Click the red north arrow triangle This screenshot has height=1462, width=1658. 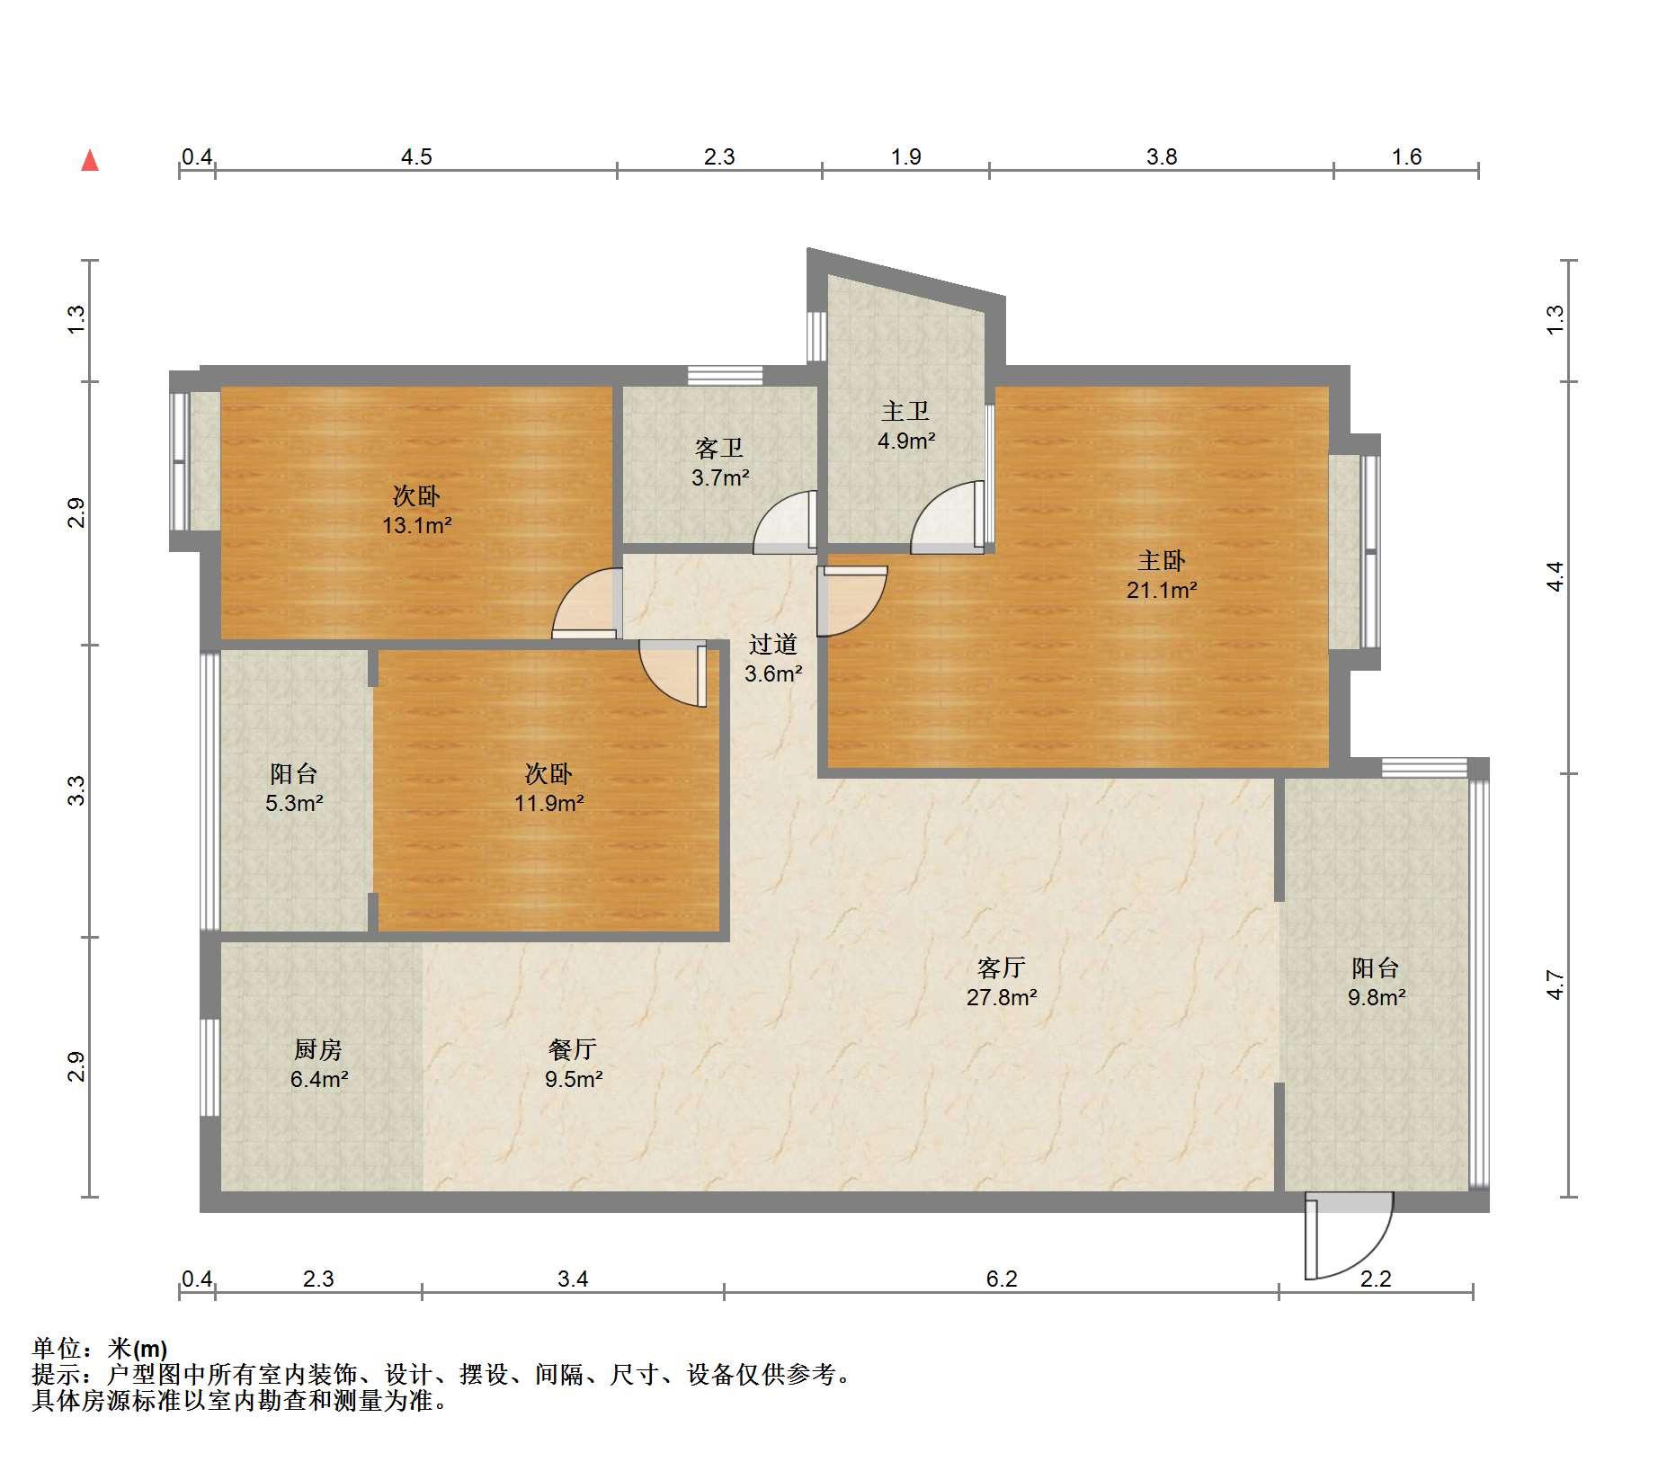point(90,160)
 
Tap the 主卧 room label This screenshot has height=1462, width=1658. point(1162,561)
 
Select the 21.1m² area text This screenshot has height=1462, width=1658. point(1162,591)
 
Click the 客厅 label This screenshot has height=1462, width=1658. point(1002,967)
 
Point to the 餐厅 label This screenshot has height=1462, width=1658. point(573,1049)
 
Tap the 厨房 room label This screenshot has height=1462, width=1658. point(318,1049)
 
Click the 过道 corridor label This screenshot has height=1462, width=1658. point(773,644)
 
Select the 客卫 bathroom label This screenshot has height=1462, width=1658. point(719,448)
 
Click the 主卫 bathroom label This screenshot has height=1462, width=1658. point(905,411)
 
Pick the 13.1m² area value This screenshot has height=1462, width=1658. point(417,525)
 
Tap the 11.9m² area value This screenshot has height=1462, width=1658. point(549,803)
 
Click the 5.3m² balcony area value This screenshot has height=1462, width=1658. point(294,803)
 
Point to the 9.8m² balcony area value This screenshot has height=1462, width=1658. point(1377,997)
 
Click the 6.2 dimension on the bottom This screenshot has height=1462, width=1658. point(1002,1279)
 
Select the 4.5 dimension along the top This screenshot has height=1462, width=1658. point(416,157)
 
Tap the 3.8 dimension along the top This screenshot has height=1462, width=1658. point(1162,157)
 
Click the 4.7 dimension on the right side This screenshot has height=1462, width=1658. point(1555,985)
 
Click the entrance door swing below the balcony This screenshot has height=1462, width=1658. point(1349,1235)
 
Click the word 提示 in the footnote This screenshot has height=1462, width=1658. point(56,1375)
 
